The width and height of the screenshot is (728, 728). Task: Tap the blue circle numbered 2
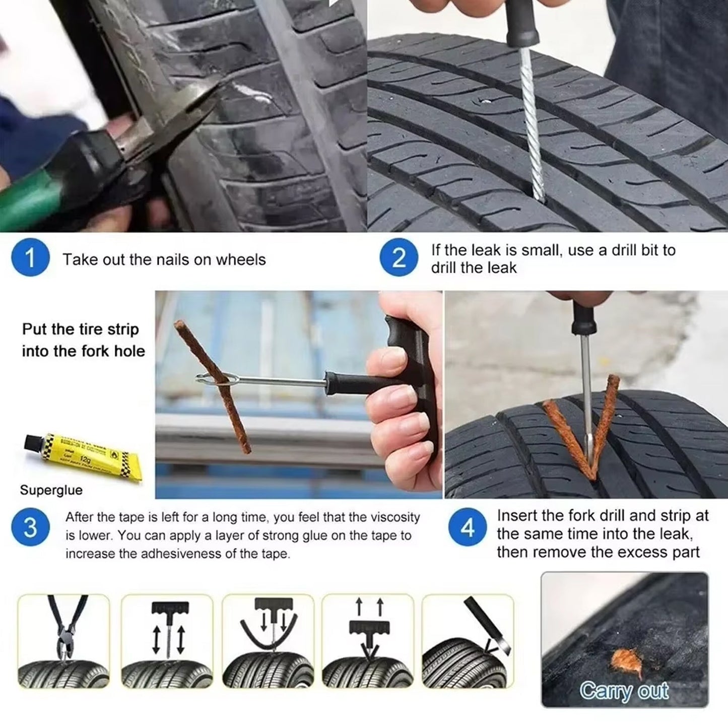point(398,258)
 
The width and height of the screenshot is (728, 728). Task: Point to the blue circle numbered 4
point(468,528)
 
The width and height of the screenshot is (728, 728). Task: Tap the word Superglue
point(51,490)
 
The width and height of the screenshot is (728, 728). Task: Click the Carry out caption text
point(624,691)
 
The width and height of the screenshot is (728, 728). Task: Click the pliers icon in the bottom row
point(64,641)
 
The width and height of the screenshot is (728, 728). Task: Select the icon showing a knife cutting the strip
point(468,641)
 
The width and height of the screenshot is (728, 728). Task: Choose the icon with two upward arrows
point(368,641)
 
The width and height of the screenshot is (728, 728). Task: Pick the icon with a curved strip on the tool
point(267,641)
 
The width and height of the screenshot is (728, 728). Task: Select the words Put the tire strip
point(80,329)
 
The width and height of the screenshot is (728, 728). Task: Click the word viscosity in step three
point(394,517)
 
